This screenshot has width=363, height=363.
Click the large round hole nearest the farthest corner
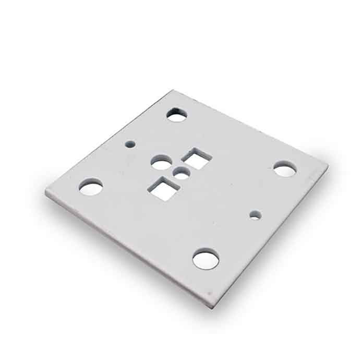(x=177, y=114)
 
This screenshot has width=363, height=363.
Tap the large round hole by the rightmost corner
(x=285, y=168)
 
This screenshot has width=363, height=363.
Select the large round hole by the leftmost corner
(x=91, y=186)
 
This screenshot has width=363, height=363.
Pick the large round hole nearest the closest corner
(x=205, y=259)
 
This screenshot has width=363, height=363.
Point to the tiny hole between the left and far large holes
(x=131, y=143)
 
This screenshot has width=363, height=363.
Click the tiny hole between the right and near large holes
(x=255, y=214)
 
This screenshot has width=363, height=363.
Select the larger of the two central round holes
(x=161, y=163)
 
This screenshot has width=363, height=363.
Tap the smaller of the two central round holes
(x=181, y=174)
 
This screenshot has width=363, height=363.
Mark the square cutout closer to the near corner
(x=164, y=188)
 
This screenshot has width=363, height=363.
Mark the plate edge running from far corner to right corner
(x=250, y=128)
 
